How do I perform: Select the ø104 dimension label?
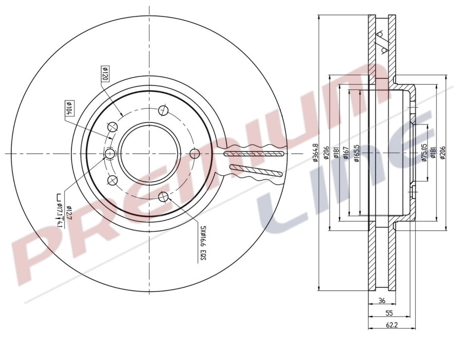coord(68,108)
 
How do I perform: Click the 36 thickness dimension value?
coord(381,301)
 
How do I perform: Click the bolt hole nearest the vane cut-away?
coord(195,153)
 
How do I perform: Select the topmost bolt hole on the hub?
coord(163,110)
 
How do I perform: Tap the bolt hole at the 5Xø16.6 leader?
coord(163,196)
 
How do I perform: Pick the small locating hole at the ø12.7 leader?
coord(109,154)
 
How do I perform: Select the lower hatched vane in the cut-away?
coord(256,171)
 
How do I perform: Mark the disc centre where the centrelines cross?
coord(149,153)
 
